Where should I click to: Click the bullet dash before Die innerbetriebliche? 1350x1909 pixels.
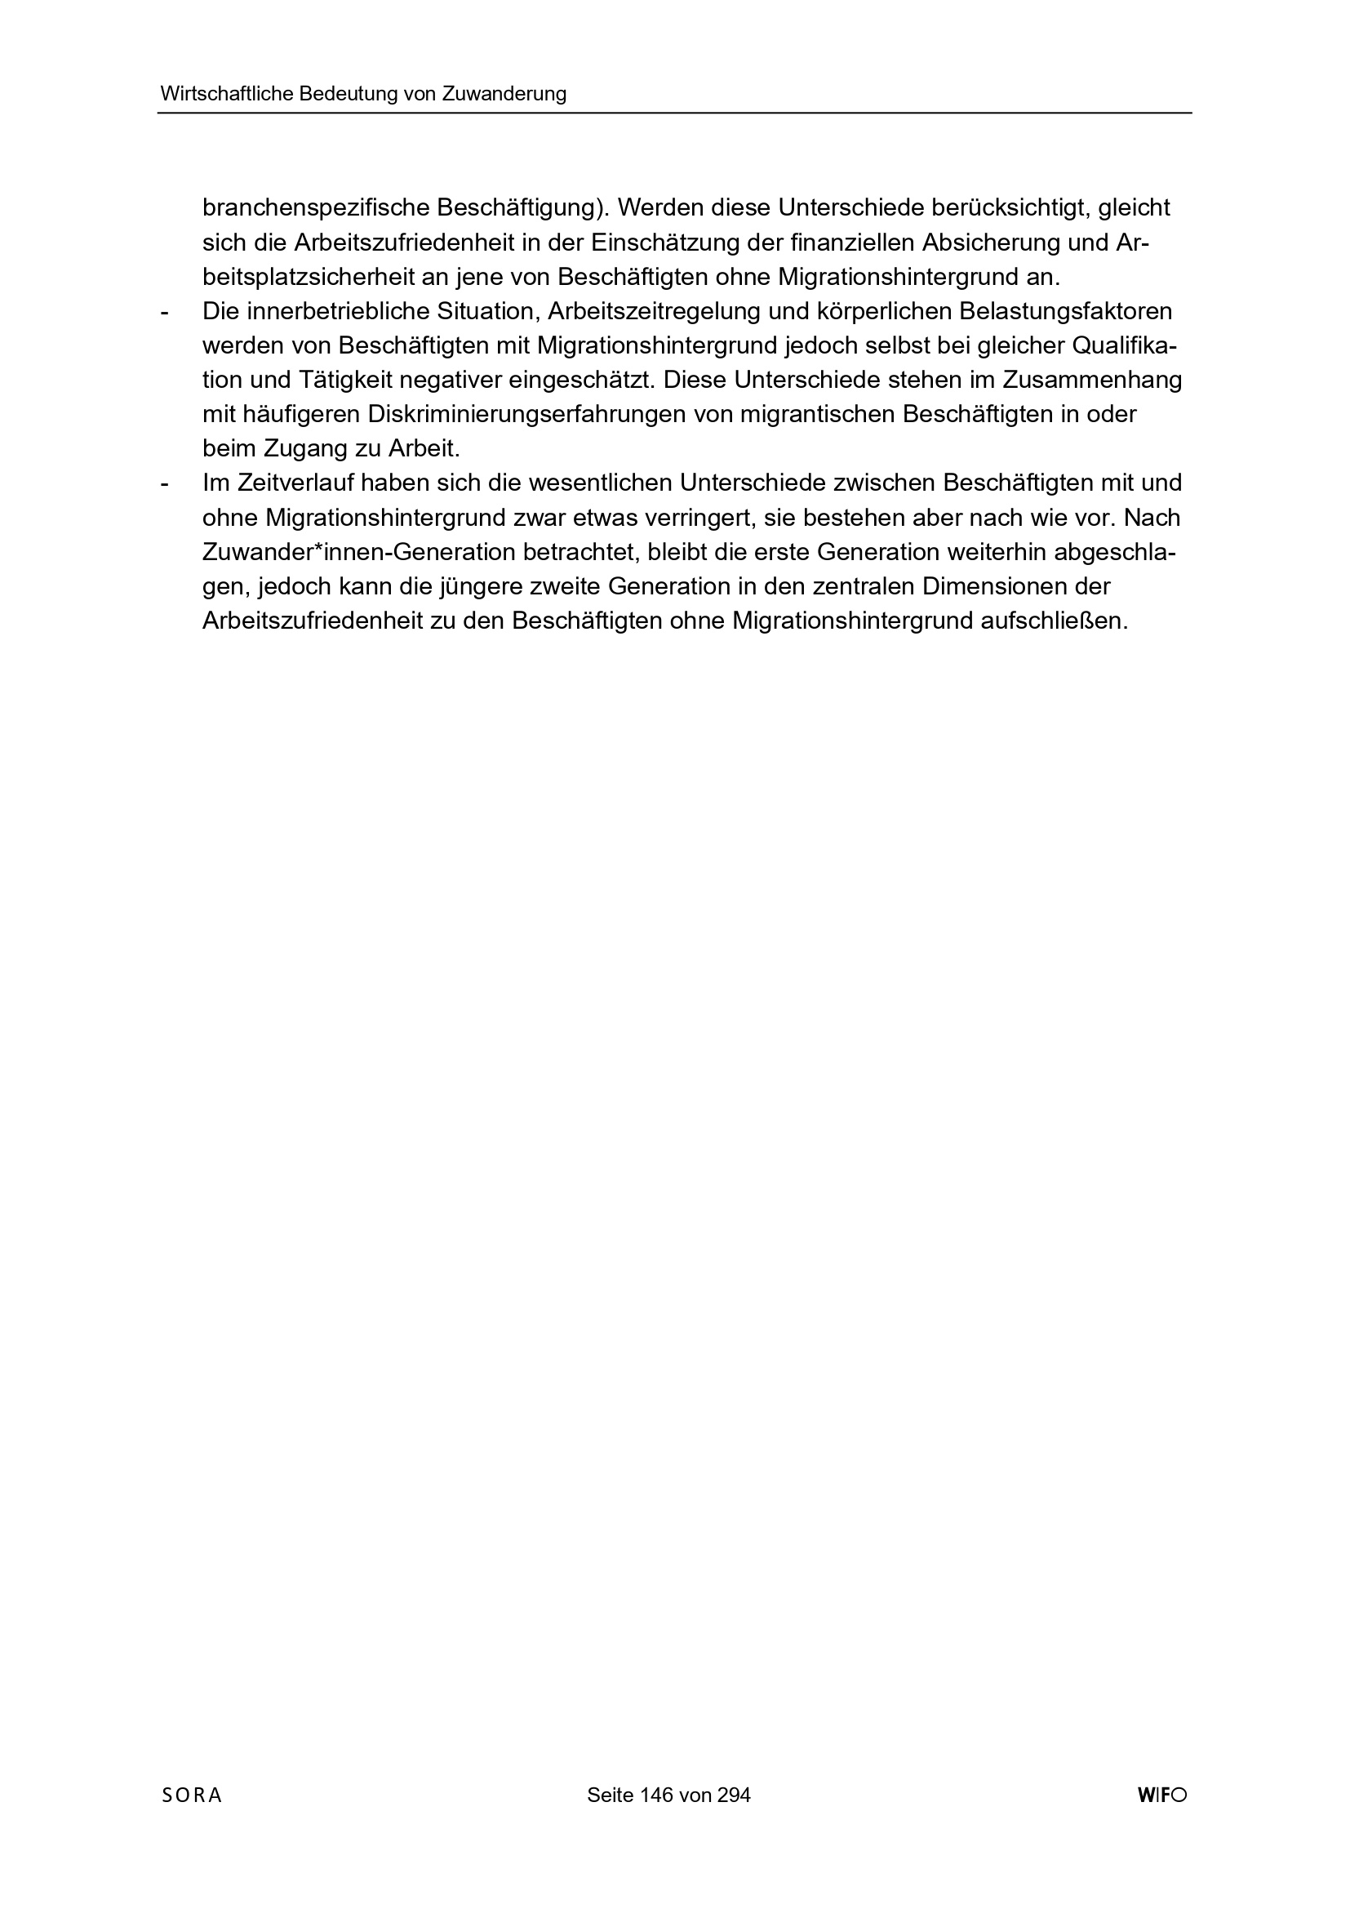(165, 313)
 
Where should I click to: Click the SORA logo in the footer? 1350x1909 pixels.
(192, 1818)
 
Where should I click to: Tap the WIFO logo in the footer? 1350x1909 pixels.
(1162, 1818)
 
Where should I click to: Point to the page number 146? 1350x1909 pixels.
(657, 1818)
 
